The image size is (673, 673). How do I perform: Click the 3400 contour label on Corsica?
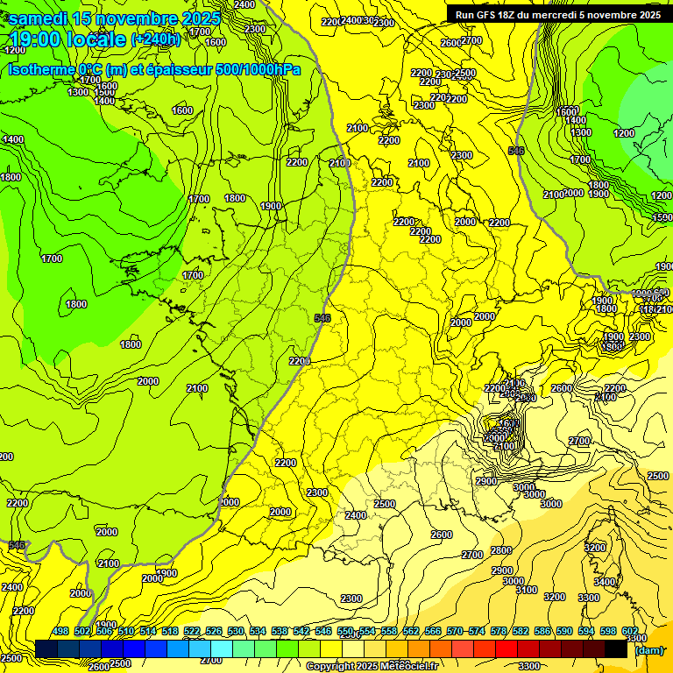pyautogui.click(x=605, y=582)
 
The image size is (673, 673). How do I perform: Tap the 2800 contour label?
pyautogui.click(x=500, y=550)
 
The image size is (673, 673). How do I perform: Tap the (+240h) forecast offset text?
pyautogui.click(x=155, y=39)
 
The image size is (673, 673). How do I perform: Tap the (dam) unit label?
pyautogui.click(x=648, y=650)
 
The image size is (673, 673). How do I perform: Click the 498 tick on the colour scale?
pyautogui.click(x=60, y=632)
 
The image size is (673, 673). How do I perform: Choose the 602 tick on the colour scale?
pyautogui.click(x=630, y=632)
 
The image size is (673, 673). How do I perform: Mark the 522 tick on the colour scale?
pyautogui.click(x=192, y=632)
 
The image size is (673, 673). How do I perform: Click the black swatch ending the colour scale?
pyautogui.click(x=617, y=649)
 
